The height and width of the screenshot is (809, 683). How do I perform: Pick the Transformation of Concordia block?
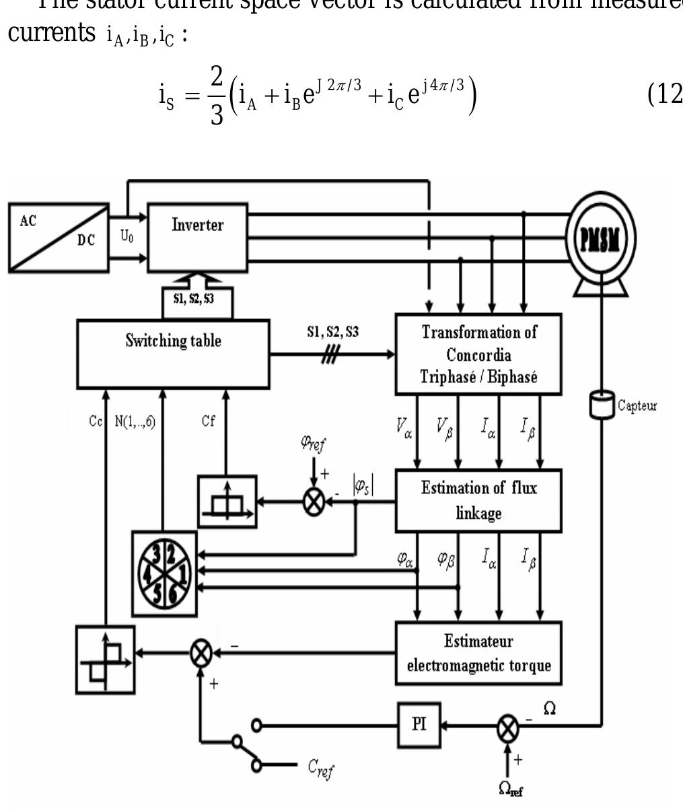tap(478, 353)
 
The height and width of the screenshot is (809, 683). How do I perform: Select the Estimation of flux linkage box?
tap(478, 500)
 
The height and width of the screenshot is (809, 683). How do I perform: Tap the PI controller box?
tap(418, 726)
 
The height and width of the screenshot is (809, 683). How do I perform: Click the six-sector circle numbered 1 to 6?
tap(165, 573)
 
